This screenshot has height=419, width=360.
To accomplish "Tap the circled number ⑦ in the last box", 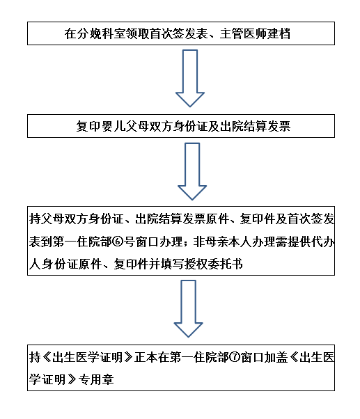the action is point(235,357).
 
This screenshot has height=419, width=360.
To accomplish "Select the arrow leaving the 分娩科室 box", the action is point(190,78).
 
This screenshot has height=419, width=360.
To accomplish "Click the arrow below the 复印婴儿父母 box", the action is point(192,171).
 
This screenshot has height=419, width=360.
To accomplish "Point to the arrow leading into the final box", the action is point(189,308).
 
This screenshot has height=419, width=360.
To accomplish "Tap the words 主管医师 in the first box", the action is point(243,33).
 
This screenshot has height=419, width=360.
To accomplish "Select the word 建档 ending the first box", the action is point(279,33).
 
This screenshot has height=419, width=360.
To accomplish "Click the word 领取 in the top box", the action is point(134,33).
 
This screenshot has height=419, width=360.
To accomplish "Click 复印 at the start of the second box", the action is point(88,126).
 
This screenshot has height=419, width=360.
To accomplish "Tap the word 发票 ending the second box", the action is point(279,126).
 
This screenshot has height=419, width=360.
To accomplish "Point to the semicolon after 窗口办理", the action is point(187,243).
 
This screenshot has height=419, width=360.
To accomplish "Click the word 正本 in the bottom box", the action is point(146,358).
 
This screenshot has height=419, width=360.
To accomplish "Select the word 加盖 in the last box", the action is point(276,358).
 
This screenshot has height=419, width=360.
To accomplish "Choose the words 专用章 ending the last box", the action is point(96,380).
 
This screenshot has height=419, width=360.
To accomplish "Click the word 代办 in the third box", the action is point(323,242).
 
